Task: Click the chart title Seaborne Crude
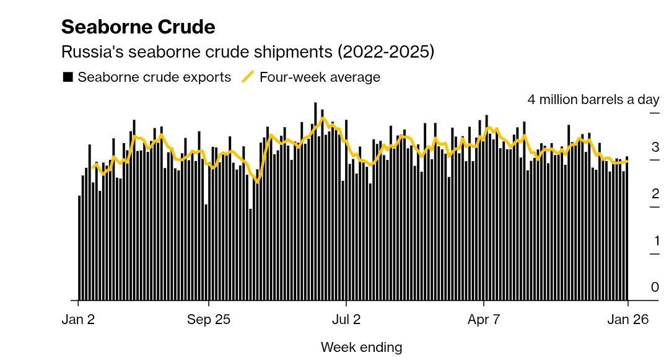[138, 27]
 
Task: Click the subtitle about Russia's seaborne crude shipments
[247, 52]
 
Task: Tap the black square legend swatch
[68, 77]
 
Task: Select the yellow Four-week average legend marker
[248, 77]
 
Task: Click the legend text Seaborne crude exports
[154, 77]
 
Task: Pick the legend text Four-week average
[320, 77]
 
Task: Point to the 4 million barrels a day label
[593, 100]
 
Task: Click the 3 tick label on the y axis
[655, 147]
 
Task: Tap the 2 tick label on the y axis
[655, 194]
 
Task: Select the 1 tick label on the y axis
[655, 241]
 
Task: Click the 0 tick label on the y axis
[655, 288]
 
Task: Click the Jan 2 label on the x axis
[78, 320]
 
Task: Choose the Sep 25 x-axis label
[208, 320]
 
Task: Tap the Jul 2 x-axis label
[346, 320]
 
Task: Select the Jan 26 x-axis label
[627, 320]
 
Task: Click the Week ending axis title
[361, 347]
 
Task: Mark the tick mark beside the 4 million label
[654, 113]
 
